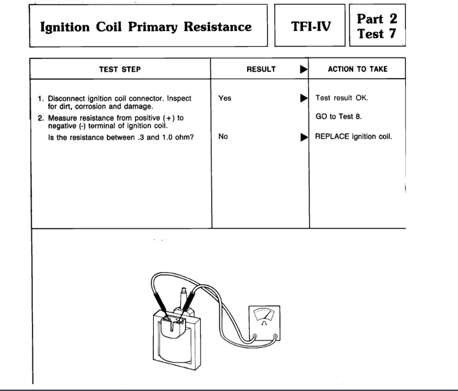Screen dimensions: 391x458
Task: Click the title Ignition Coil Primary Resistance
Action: point(146,27)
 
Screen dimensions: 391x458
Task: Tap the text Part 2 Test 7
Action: point(377,26)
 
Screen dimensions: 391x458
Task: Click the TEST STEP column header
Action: point(120,69)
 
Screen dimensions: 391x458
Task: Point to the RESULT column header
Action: point(261,69)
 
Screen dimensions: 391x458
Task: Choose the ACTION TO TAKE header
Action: point(357,69)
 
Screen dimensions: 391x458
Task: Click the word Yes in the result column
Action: point(224,98)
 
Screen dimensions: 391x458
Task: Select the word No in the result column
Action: point(223,137)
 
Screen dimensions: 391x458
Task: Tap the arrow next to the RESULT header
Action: point(304,69)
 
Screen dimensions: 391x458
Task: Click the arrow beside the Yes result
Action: point(304,98)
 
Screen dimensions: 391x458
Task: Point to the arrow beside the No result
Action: point(304,137)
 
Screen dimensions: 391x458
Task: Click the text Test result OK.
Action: point(342,98)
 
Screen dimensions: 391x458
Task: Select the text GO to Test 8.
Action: point(338,117)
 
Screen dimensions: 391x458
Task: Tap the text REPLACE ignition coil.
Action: point(354,137)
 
